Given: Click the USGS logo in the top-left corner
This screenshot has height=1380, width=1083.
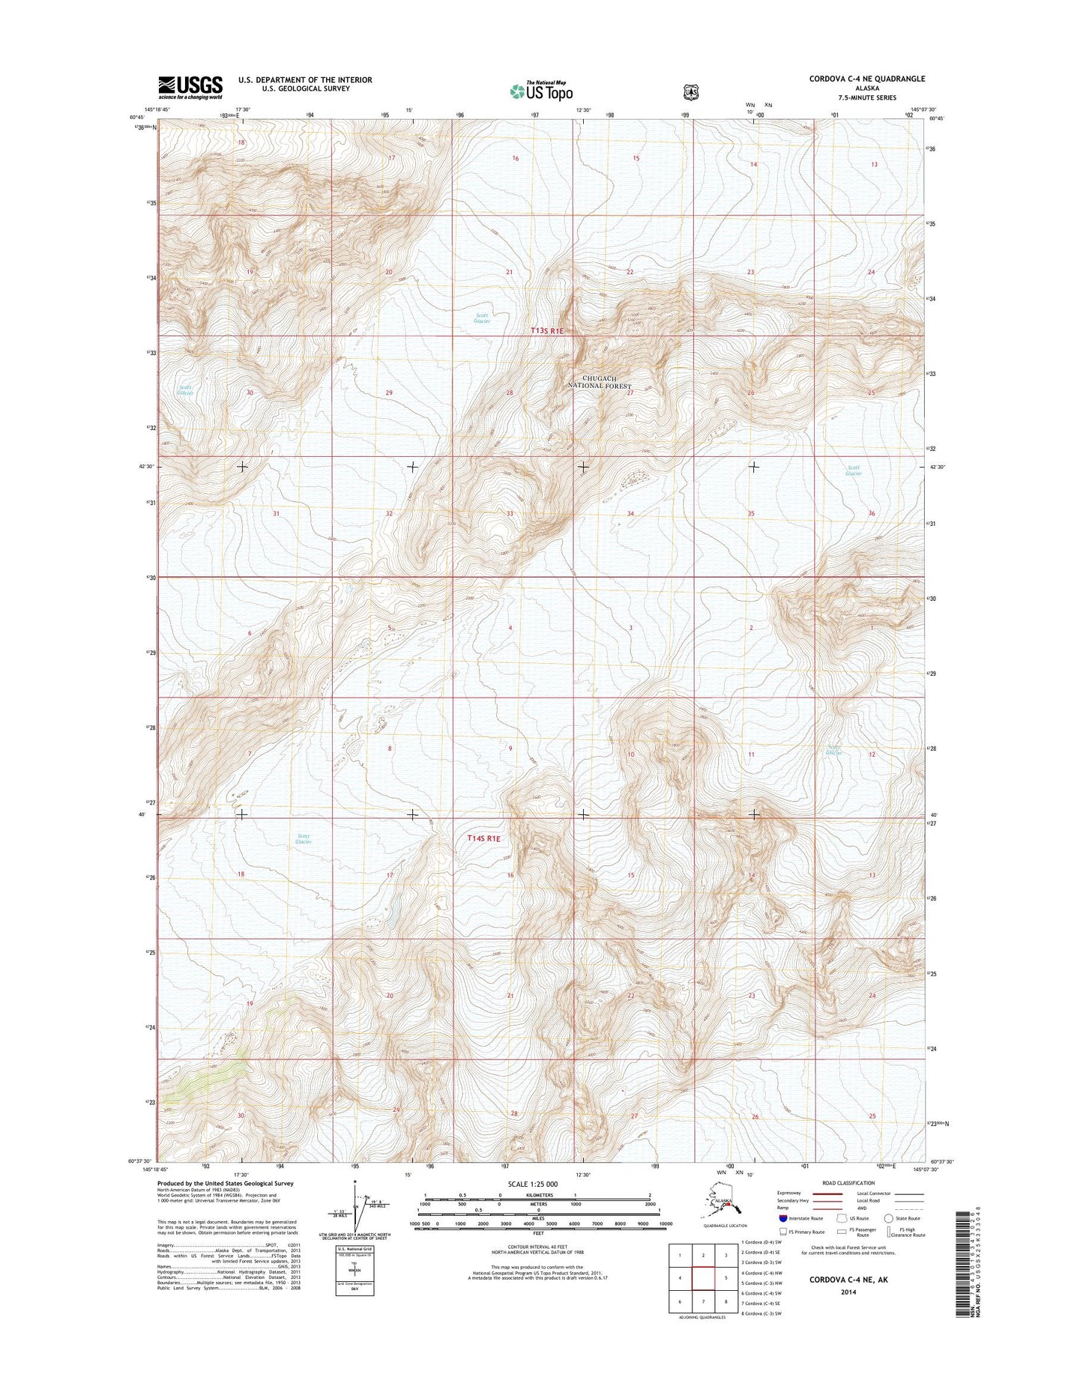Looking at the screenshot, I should point(190,87).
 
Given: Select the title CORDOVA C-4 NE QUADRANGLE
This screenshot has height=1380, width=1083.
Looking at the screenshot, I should point(866,79).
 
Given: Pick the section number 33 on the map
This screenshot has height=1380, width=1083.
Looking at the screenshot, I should point(510,514).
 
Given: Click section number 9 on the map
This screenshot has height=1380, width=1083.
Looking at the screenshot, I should point(510,748).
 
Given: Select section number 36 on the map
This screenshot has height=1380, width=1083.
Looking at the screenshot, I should point(872,513).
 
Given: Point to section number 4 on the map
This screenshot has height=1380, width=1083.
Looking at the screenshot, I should point(510,628).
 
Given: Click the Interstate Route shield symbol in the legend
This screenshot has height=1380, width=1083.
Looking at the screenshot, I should point(783,1218).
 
